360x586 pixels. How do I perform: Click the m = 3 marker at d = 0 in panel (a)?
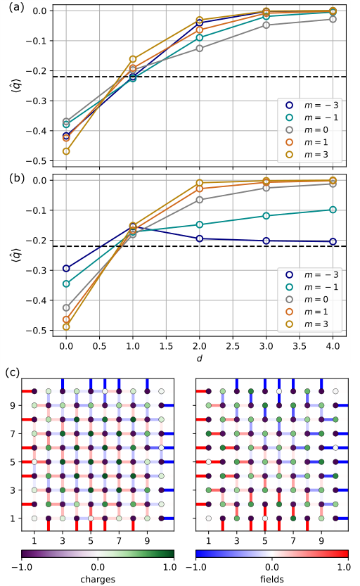tap(66, 151)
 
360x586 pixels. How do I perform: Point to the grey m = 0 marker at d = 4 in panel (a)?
tap(333, 19)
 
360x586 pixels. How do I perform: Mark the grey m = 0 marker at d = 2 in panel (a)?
tap(200, 48)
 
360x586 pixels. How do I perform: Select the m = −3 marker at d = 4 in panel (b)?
tap(333, 241)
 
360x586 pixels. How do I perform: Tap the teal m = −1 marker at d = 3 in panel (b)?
tap(266, 215)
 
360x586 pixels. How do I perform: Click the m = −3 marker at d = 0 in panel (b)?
tap(66, 268)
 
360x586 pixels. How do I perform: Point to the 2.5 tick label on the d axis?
tap(233, 347)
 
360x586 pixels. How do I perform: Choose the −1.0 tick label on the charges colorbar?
tap(22, 565)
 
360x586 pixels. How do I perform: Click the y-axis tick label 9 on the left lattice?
tap(12, 405)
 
